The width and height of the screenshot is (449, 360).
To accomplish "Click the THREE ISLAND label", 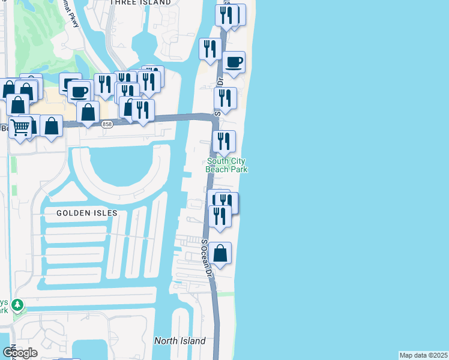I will [140, 3].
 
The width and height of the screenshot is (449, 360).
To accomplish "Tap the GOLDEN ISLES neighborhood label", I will [87, 213].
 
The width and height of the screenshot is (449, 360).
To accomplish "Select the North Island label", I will [179, 341].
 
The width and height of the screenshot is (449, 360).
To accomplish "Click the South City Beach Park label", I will [227, 165].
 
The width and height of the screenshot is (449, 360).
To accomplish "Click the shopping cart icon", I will [20, 128].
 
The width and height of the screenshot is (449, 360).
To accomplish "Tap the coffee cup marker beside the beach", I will [234, 62].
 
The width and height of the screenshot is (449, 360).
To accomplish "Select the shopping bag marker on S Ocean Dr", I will [220, 253].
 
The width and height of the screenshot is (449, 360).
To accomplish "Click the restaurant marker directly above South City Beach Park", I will [224, 141].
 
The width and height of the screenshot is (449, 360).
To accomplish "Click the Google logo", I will [20, 353].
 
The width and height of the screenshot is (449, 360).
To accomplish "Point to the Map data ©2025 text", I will [424, 355].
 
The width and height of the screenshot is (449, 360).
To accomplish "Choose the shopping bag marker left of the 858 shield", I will [88, 112].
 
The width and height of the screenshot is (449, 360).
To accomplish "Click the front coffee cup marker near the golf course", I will [79, 92].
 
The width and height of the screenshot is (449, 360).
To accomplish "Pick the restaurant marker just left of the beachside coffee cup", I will [210, 49].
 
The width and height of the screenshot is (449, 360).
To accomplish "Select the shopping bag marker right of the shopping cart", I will [52, 126].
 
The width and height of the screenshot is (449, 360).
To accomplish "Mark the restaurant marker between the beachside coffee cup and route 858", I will [225, 98].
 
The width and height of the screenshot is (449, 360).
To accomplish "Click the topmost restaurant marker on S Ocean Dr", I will [226, 15].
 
